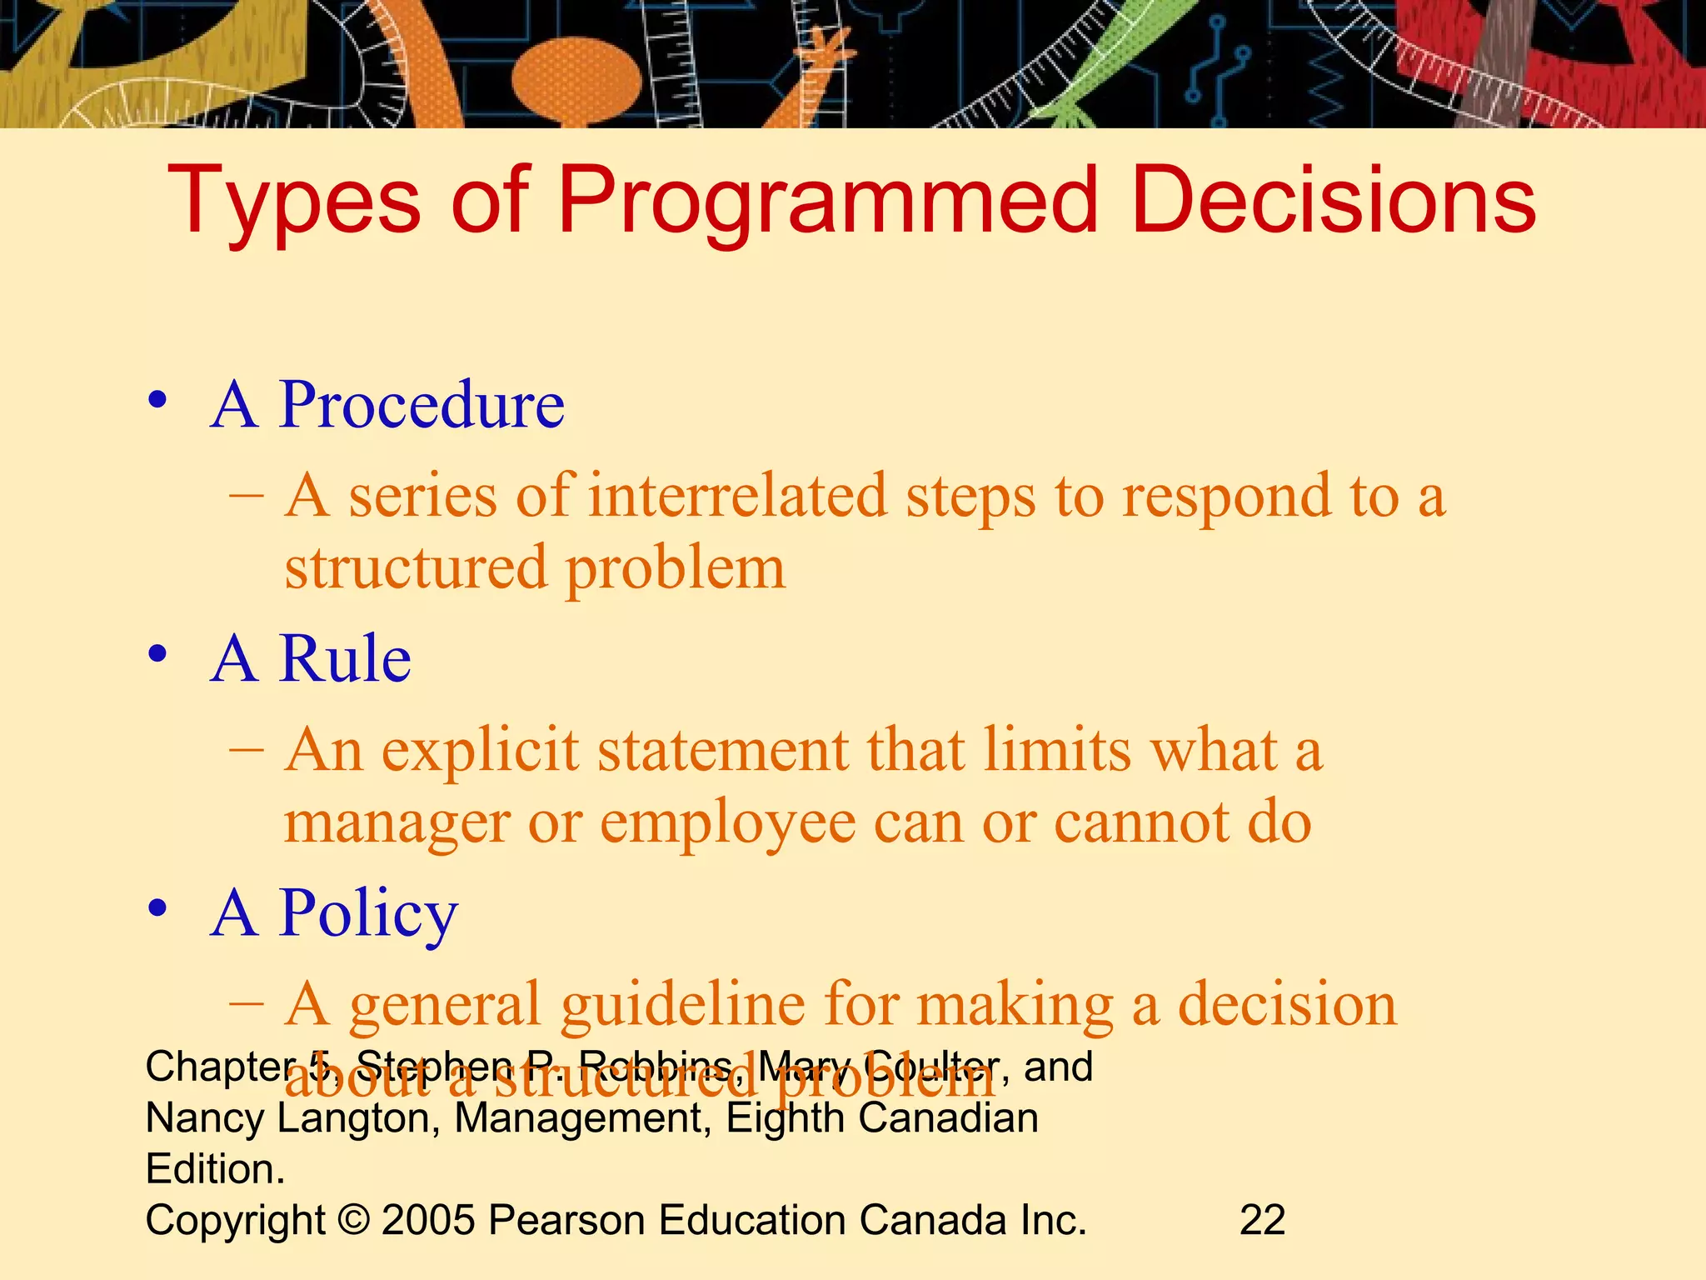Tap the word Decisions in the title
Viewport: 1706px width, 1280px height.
point(1333,200)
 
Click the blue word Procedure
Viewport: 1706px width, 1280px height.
point(422,405)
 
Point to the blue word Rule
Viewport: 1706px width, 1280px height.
point(345,659)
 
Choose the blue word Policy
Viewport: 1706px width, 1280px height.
point(368,914)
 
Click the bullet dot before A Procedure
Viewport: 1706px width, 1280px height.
point(157,401)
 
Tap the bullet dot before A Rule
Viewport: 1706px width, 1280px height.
point(157,654)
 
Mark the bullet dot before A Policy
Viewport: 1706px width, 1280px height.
point(157,909)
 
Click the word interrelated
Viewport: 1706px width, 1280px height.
point(737,497)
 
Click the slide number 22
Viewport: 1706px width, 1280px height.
point(1262,1220)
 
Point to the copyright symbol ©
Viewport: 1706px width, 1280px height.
point(353,1220)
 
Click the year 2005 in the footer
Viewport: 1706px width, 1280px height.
point(428,1220)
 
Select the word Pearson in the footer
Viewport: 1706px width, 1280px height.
point(566,1220)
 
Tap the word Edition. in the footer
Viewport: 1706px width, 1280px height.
point(215,1169)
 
